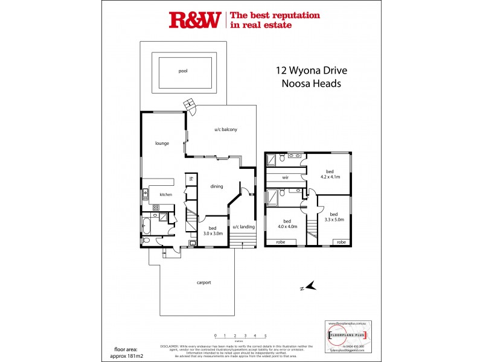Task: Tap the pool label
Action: (183, 71)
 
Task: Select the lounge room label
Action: (162, 143)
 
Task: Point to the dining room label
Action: (217, 186)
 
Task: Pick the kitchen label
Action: (166, 194)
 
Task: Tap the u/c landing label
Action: (244, 226)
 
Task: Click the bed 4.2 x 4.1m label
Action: (330, 174)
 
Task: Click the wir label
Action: (286, 178)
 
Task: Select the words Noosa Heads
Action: (311, 84)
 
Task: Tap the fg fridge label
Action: (191, 179)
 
